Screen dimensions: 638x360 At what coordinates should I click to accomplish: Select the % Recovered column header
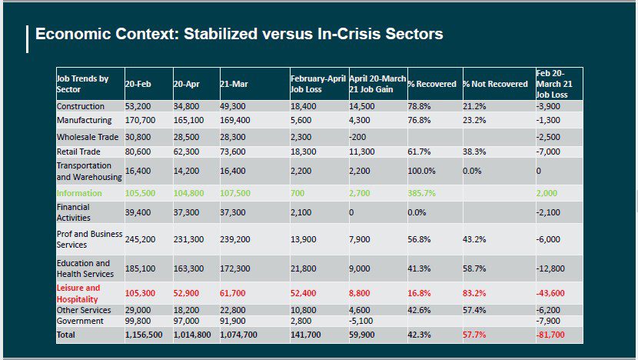pos(432,84)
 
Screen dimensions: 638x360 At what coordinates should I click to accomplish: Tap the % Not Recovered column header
pos(495,84)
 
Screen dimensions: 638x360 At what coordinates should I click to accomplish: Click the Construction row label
pos(81,106)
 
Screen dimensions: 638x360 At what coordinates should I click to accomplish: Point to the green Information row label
pos(79,193)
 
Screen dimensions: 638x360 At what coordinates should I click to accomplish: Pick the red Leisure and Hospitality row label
pos(78,293)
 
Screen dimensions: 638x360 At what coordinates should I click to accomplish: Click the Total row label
pos(66,335)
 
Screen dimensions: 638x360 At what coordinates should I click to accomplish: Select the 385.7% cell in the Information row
pos(421,193)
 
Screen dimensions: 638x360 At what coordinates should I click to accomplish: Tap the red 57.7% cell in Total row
pos(474,335)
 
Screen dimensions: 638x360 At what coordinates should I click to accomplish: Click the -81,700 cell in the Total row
pos(550,335)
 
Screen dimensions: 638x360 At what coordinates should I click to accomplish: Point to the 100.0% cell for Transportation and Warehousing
pos(421,171)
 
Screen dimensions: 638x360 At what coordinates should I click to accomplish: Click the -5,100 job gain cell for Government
pos(361,321)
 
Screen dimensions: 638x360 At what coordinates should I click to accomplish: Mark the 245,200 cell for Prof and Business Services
pos(141,239)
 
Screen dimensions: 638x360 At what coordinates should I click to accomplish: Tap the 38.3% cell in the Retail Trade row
pos(474,152)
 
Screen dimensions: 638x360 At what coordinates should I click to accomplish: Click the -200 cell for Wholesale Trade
pos(357,137)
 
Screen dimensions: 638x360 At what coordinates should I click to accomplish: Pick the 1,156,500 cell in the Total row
pos(144,335)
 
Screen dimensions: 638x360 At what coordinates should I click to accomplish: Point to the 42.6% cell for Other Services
pos(419,310)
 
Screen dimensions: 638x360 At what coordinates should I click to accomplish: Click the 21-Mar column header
pos(234,84)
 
